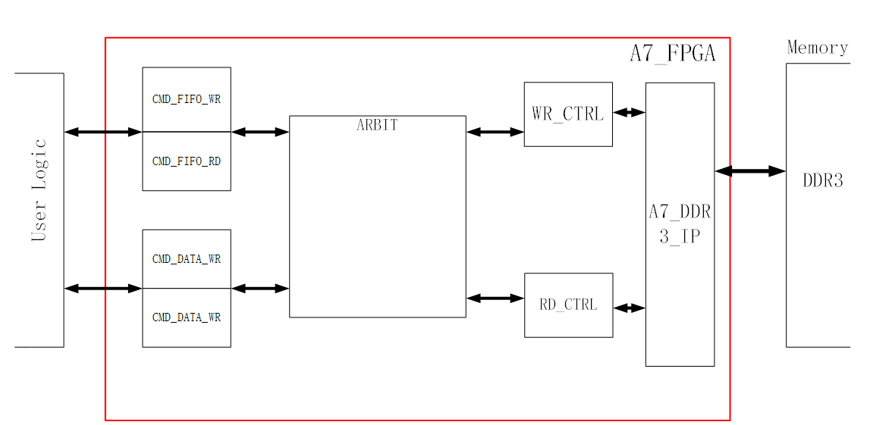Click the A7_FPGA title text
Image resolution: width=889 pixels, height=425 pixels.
[672, 54]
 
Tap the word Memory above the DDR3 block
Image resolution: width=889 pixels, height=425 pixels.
[817, 48]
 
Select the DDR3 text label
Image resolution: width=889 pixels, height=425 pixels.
[822, 181]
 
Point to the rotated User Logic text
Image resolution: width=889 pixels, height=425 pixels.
[39, 190]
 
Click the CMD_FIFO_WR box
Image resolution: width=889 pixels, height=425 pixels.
[187, 99]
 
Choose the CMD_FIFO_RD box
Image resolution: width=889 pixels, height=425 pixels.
[187, 161]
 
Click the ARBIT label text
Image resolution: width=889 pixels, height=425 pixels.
[377, 125]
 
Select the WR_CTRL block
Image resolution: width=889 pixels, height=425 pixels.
[567, 114]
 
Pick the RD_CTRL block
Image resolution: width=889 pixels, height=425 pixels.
[568, 305]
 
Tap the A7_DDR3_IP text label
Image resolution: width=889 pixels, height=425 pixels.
[680, 223]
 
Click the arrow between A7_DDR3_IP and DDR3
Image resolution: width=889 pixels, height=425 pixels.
[749, 171]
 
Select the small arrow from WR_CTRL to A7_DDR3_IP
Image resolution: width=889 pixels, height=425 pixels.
[629, 113]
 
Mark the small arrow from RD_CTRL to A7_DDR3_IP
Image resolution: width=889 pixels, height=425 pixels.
[629, 308]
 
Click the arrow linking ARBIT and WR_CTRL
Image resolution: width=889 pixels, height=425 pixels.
[495, 132]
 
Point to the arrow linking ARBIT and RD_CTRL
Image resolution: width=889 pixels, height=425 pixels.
[495, 298]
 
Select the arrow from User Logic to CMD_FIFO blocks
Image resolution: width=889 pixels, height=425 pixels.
[103, 132]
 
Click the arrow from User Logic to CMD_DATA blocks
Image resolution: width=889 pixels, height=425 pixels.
[103, 288]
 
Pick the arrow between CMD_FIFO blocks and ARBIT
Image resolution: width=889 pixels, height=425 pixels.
[260, 132]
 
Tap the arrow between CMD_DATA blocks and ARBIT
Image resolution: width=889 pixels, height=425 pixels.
[260, 288]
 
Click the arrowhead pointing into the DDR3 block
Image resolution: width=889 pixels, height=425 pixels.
[777, 171]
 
